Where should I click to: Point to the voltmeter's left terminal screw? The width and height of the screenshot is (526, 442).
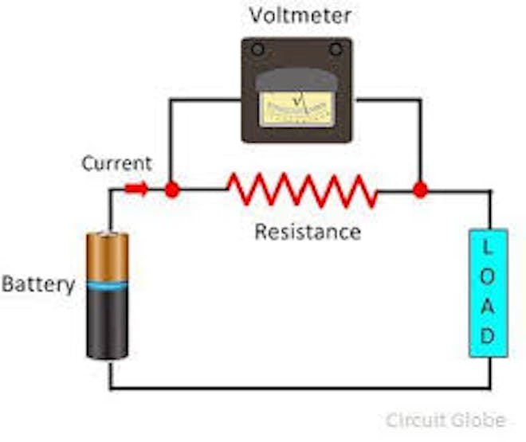[x=257, y=49]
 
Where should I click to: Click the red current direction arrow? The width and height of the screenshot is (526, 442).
[x=136, y=190]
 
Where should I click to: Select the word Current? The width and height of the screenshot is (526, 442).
[x=116, y=164]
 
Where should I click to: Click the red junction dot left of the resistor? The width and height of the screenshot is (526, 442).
[x=170, y=190]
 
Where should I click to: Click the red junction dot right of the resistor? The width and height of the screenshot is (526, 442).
[x=420, y=190]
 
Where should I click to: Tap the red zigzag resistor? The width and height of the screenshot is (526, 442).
[x=301, y=190]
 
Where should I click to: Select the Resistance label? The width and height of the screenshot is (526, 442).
[x=308, y=233]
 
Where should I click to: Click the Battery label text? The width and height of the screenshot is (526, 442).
[x=37, y=284]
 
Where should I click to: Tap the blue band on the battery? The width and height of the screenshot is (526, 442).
[x=108, y=284]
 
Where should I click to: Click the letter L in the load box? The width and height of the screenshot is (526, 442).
[x=488, y=248]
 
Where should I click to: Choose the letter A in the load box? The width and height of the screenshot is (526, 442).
[x=488, y=306]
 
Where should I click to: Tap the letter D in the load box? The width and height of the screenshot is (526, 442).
[x=488, y=335]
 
